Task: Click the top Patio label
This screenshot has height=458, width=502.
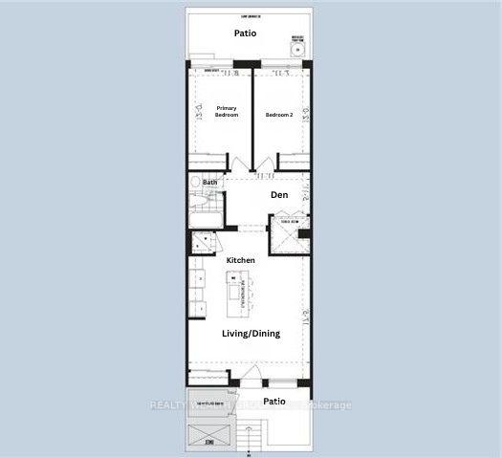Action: (245, 33)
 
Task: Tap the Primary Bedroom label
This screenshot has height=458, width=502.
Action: (227, 111)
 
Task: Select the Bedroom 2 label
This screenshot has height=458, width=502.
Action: (278, 115)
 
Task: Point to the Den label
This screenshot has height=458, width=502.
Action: (279, 195)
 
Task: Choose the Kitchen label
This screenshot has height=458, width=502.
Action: (240, 260)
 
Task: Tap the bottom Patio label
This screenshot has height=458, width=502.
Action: (275, 402)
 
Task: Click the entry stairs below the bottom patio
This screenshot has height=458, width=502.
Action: (251, 437)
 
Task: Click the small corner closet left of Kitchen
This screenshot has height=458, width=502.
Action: (202, 242)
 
